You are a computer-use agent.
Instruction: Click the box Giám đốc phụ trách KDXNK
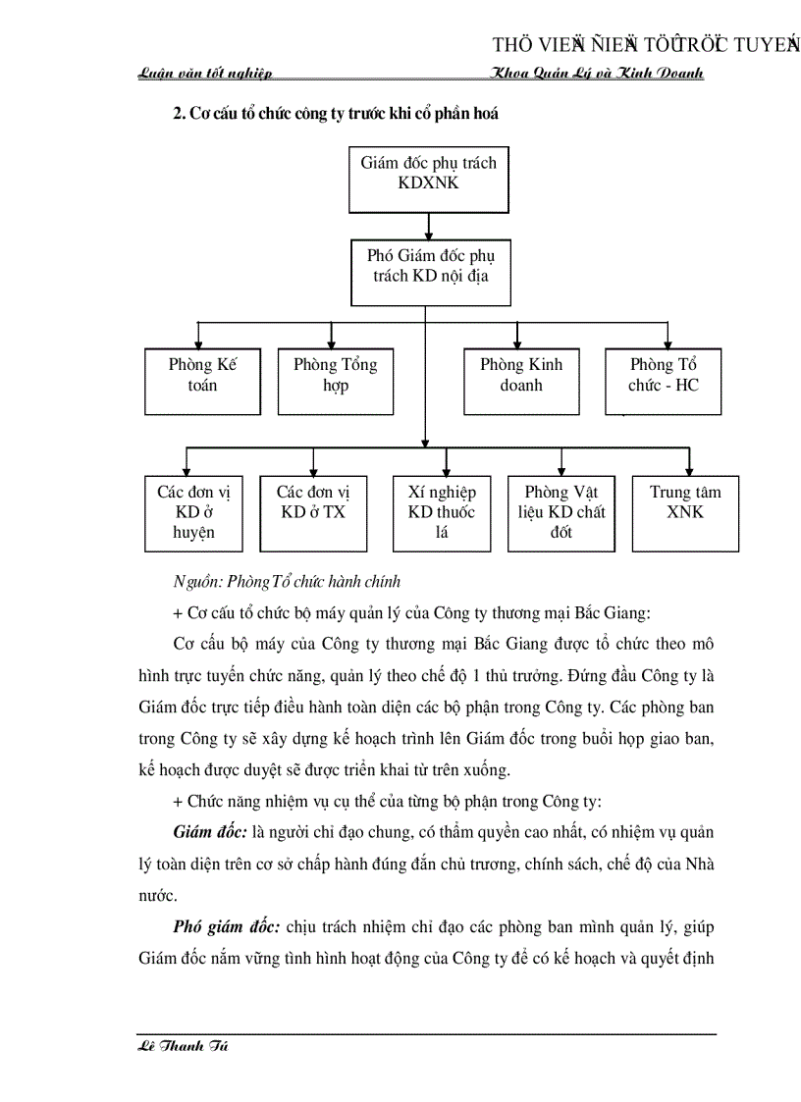pyautogui.click(x=428, y=174)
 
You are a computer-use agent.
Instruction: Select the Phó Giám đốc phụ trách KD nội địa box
pyautogui.click(x=428, y=265)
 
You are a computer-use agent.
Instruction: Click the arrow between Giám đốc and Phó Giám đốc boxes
pyautogui.click(x=428, y=221)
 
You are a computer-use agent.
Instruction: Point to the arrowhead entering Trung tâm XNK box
pyautogui.click(x=685, y=470)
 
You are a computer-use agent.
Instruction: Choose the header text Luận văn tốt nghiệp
pyautogui.click(x=205, y=74)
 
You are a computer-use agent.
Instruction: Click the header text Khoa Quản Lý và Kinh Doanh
pyautogui.click(x=597, y=74)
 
